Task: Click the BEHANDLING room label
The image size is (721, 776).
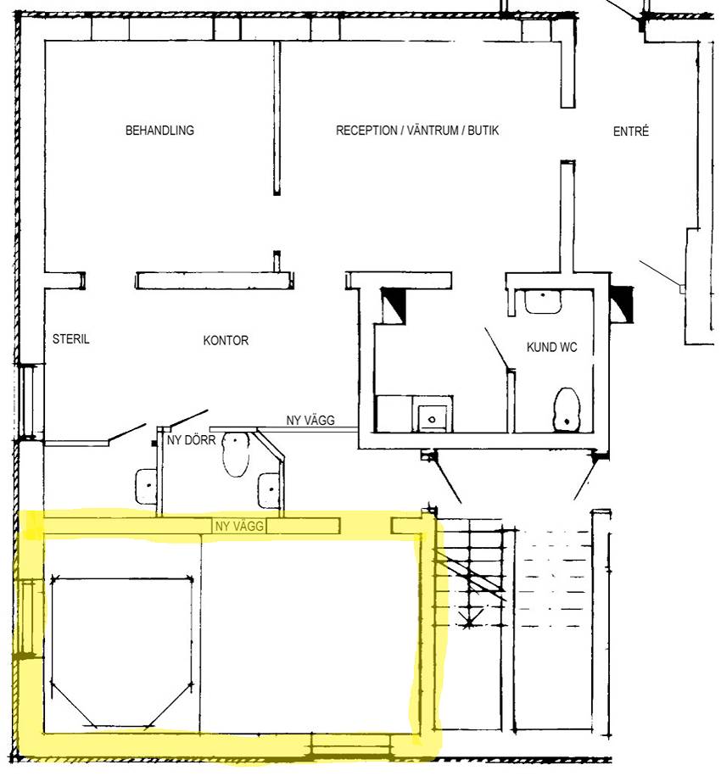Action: click(159, 131)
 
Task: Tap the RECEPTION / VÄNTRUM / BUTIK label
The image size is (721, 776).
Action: click(417, 131)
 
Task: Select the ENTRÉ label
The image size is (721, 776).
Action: click(630, 131)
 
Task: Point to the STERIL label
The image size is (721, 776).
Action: click(70, 339)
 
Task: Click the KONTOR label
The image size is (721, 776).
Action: click(226, 340)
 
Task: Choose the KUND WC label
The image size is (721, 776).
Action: click(551, 348)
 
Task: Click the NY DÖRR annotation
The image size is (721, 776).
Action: click(191, 440)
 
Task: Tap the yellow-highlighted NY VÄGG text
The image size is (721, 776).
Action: click(239, 526)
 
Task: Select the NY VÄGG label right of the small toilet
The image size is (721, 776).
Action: click(310, 420)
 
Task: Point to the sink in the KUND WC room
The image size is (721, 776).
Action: click(543, 301)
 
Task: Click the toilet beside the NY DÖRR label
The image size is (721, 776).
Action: click(236, 455)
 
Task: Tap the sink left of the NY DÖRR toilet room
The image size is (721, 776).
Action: click(146, 487)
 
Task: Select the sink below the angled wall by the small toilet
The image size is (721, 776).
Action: click(271, 490)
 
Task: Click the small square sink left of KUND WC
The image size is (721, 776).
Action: click(433, 419)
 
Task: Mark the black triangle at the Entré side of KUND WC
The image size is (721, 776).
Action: click(623, 303)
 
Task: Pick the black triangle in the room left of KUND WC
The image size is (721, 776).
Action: click(394, 304)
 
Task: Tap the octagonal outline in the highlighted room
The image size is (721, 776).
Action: click(121, 578)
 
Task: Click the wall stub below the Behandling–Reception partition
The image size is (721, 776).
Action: click(277, 261)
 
